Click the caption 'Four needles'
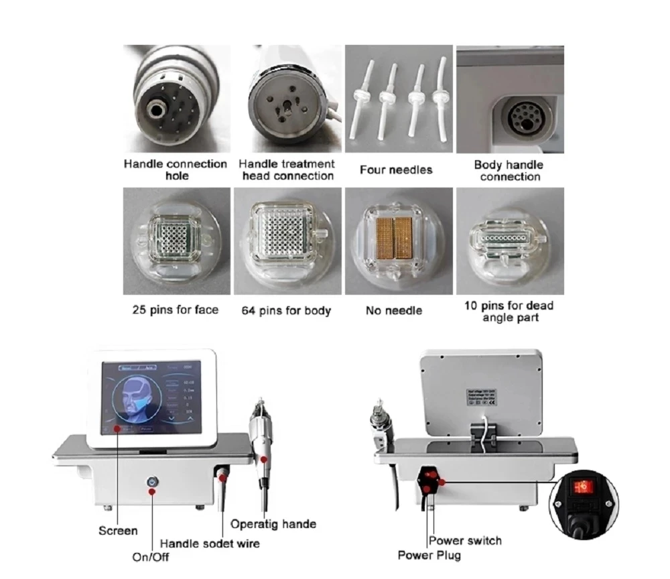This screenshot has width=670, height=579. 396,170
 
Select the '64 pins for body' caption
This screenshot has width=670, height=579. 286,310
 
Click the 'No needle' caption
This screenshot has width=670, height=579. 394,310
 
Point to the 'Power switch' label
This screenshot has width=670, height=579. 465,540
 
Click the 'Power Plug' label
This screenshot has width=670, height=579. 429,555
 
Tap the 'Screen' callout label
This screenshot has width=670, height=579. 118,530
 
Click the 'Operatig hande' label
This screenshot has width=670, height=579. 273,523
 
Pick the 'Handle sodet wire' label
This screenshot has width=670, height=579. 209,543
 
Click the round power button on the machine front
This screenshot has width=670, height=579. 153,481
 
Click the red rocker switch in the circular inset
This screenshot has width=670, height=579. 583,486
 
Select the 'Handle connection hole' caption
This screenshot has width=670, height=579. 176,170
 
